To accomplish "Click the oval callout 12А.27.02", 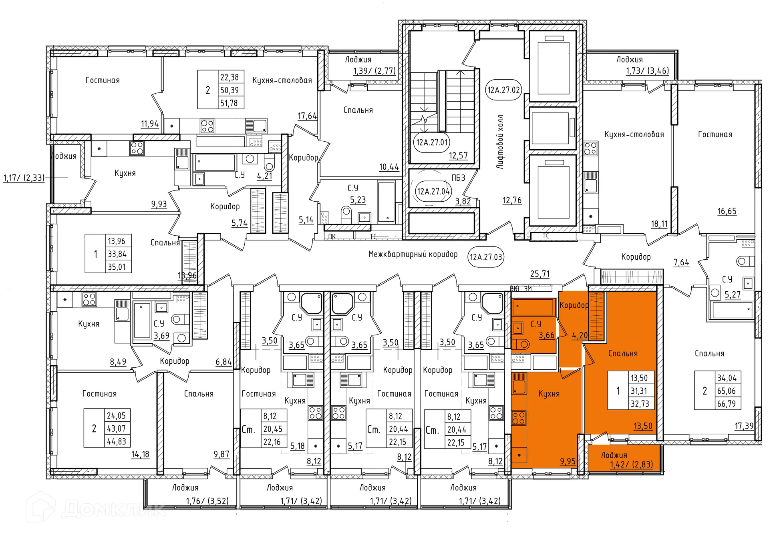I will pyautogui.click(x=503, y=90).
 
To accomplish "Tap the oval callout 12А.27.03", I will pyautogui.click(x=485, y=257).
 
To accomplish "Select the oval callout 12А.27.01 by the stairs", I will pyautogui.click(x=431, y=142).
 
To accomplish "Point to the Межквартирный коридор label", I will pyautogui.click(x=413, y=254).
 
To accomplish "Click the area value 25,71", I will pyautogui.click(x=540, y=274).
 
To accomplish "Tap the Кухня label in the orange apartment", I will pyautogui.click(x=548, y=394).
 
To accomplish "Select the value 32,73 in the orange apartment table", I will pyautogui.click(x=640, y=404).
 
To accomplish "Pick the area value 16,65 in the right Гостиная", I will pyautogui.click(x=727, y=211).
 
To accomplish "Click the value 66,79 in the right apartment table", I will pyautogui.click(x=726, y=404).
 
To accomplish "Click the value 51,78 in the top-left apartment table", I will pyautogui.click(x=229, y=103).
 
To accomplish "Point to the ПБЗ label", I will pyautogui.click(x=458, y=178).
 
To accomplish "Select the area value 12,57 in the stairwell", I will pyautogui.click(x=458, y=155).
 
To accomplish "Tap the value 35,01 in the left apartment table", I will pyautogui.click(x=117, y=267).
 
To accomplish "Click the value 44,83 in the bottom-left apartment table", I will pyautogui.click(x=116, y=441).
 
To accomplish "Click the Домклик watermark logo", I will pyautogui.click(x=96, y=509).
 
